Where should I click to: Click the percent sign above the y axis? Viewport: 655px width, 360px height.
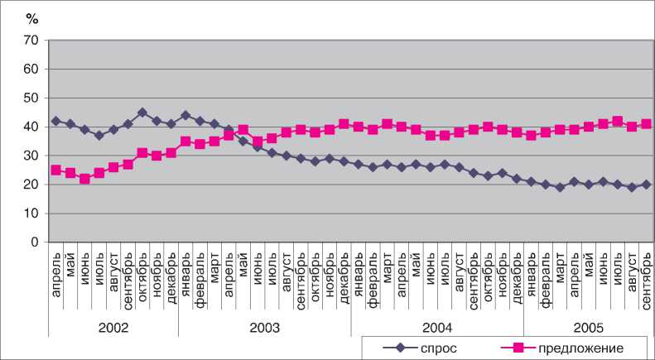point(32,17)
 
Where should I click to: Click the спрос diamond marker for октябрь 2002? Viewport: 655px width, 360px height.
point(142,113)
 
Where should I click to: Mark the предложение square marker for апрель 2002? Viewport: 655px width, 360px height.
point(55,170)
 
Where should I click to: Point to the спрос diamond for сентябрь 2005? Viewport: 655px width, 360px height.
point(646,185)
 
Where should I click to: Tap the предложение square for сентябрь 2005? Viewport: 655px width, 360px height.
point(646,124)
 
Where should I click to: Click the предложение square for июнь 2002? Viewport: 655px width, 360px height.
point(84,179)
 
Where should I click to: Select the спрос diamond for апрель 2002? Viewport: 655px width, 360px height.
point(55,121)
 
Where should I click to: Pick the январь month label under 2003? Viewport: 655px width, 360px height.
point(185,281)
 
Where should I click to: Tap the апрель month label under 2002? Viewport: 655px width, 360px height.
point(55,281)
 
